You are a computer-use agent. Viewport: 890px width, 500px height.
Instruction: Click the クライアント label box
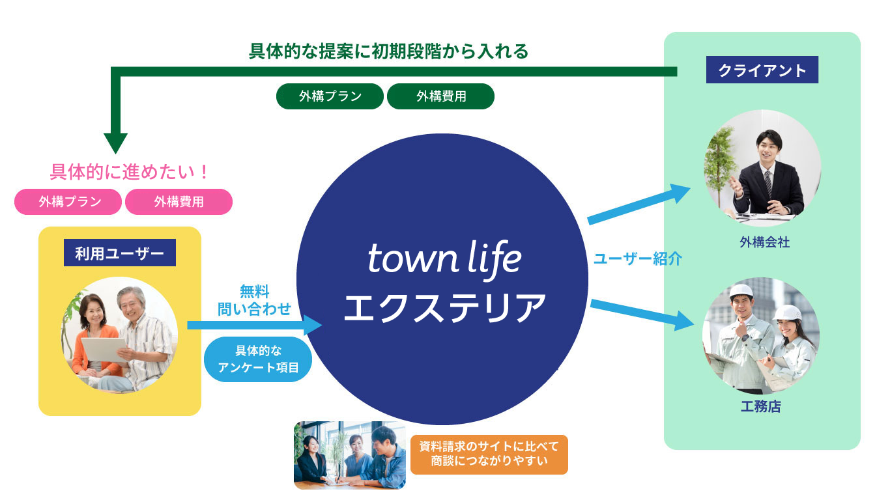[x=762, y=70]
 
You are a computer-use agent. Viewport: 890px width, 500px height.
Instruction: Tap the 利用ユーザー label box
[x=120, y=253]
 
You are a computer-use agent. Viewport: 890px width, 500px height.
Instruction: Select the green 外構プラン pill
[x=330, y=96]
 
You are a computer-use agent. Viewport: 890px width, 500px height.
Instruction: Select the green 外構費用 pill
[x=440, y=96]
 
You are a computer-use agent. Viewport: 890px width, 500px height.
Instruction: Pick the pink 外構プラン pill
[x=68, y=202]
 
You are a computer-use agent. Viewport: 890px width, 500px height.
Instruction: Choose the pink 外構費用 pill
[x=179, y=202]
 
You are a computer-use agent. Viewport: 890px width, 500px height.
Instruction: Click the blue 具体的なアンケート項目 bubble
[x=258, y=359]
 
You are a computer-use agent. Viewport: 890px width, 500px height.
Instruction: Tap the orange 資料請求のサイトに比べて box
[x=489, y=454]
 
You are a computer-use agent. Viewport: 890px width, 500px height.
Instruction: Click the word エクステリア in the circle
[x=444, y=307]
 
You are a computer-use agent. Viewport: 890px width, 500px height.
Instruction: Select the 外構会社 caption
[x=764, y=242]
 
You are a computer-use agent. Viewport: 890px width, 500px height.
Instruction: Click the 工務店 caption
[x=761, y=406]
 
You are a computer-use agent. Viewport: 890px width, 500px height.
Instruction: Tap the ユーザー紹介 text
[x=638, y=259]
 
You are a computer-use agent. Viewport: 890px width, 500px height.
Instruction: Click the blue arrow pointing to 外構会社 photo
[x=639, y=204]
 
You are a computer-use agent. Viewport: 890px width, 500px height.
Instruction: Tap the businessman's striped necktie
[x=768, y=184]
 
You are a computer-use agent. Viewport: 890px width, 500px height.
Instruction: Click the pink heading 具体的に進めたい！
[x=129, y=172]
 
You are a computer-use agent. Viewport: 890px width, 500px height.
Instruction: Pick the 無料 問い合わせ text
[x=254, y=300]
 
